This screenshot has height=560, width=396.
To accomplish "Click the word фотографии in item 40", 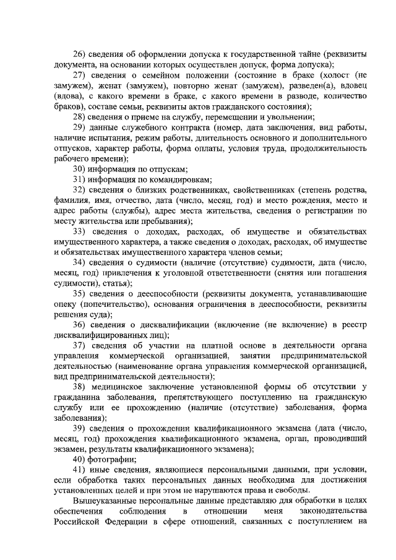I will (114, 459).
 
